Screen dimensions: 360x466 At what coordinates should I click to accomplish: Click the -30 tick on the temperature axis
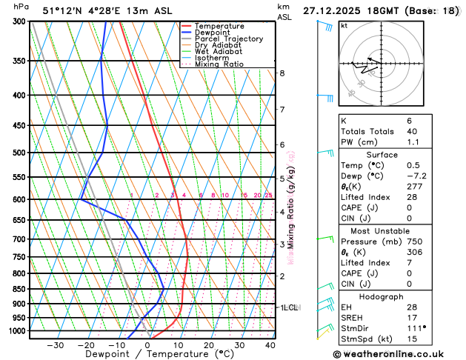[56, 344]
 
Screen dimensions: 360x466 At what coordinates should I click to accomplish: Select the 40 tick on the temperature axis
[270, 344]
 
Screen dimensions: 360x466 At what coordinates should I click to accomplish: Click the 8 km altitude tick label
[282, 73]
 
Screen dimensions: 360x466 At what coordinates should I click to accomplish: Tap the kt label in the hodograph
[344, 26]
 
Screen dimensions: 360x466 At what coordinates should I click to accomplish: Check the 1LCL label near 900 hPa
[289, 307]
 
